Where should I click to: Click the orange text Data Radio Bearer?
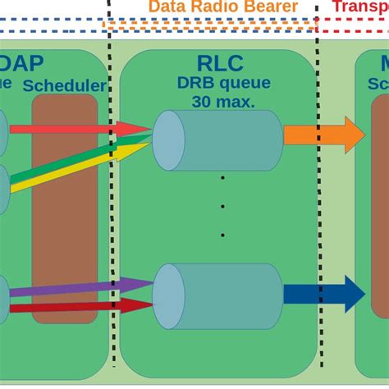point(222,7)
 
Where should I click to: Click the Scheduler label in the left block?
point(65,85)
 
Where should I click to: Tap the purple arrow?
point(74,290)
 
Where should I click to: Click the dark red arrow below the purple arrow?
point(74,305)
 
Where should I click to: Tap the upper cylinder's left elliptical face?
point(168,140)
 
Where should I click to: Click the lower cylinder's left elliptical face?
point(168,294)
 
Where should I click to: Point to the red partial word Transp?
point(360,7)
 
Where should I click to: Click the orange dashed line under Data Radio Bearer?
point(213,25)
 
